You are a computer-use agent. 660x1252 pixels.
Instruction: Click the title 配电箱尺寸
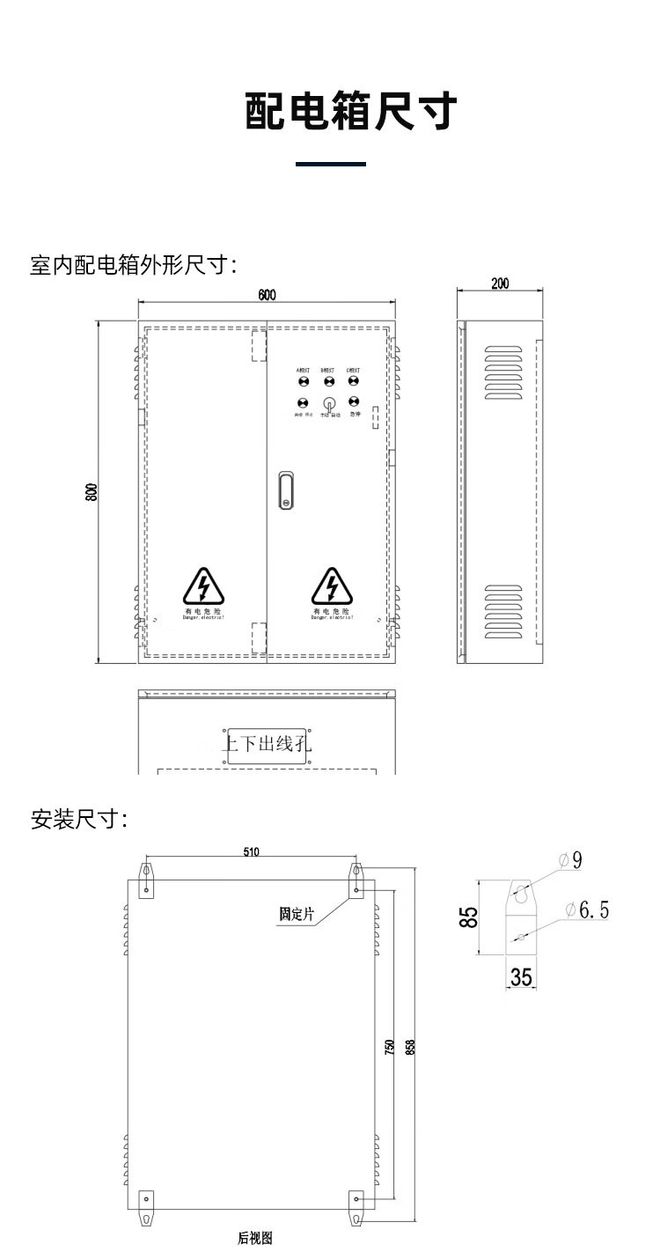pos(350,113)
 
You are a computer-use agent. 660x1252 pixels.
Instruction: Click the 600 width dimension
pos(267,295)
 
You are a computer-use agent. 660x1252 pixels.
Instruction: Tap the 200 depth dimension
pos(500,284)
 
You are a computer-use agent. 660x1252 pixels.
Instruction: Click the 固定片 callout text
pos(296,914)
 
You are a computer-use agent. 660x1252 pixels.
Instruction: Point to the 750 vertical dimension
pos(388,1047)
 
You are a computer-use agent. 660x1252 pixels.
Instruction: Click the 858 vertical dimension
pos(409,1047)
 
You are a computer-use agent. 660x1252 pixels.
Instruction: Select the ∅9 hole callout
pos(572,860)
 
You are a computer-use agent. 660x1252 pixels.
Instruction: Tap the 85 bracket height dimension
pos(471,917)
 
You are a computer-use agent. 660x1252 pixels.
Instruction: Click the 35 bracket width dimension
pos(521,977)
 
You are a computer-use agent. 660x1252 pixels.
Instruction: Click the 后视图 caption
pos(255,1238)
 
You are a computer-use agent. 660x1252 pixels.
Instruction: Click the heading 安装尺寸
pos(79,820)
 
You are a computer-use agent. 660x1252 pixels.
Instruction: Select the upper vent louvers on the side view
pos(503,372)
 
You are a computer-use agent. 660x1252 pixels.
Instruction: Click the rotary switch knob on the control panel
pos(329,404)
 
